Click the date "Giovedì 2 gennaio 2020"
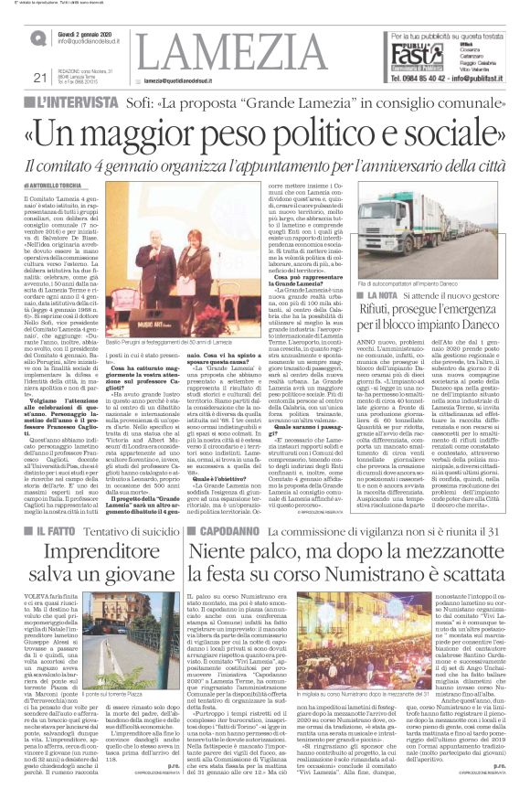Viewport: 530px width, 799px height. (87, 35)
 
